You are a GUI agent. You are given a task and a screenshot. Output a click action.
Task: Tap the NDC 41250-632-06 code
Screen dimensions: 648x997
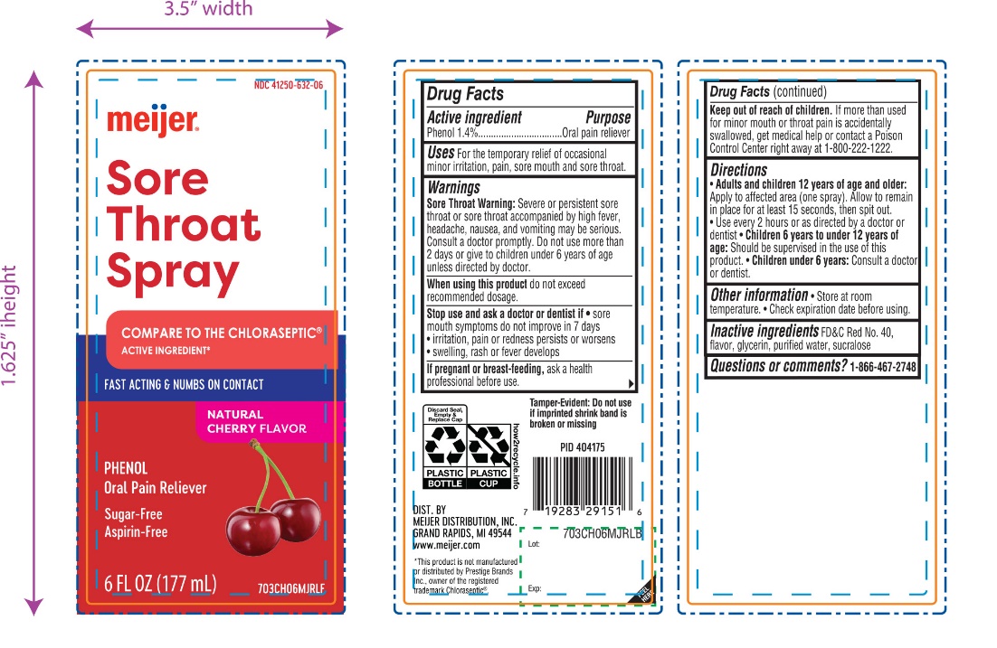289,84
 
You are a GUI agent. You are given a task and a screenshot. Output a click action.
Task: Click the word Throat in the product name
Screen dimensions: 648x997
184,224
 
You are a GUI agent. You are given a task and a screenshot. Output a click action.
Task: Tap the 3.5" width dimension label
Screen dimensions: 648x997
208,10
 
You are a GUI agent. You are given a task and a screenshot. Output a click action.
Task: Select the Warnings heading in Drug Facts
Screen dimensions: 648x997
453,188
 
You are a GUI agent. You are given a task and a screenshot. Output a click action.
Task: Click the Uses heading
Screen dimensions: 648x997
441,154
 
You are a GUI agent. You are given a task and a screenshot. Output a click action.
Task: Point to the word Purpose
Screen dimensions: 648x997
608,117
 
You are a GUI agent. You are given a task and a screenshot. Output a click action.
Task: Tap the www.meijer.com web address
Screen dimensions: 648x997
447,545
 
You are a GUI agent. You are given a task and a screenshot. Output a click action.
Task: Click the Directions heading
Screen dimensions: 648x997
738,170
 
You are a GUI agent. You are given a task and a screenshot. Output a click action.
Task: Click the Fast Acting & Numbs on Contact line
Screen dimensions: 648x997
184,384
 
